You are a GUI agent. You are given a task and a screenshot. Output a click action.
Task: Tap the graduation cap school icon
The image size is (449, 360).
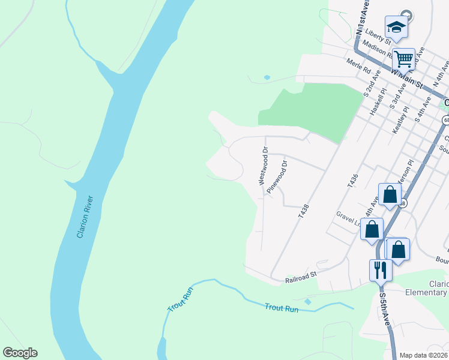(396, 27)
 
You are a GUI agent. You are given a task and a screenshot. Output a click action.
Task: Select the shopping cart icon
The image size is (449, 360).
(403, 59)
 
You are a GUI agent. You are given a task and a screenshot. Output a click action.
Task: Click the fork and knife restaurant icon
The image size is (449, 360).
(380, 269)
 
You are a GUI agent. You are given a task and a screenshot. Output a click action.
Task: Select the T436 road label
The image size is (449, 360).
(352, 180)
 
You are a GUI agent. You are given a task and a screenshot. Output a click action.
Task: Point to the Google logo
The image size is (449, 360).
(20, 353)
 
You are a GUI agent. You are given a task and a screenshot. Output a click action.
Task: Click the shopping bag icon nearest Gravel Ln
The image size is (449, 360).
(372, 229)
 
